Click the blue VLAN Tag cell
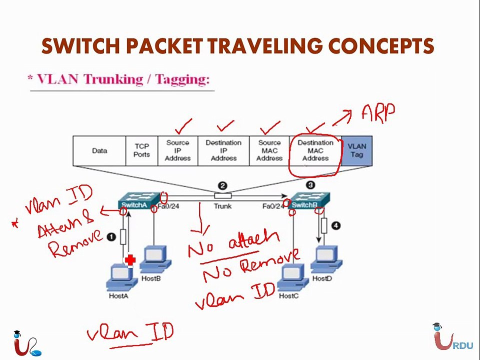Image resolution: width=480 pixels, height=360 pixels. pyautogui.click(x=357, y=151)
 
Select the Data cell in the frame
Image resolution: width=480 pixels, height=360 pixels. pyautogui.click(x=99, y=151)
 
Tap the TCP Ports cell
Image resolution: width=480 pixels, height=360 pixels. pyautogui.click(x=141, y=151)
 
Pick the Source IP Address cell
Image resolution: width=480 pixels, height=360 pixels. pyautogui.click(x=178, y=151)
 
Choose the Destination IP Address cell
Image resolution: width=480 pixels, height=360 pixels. pyautogui.click(x=224, y=151)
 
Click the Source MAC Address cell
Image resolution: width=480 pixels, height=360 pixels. pyautogui.click(x=269, y=151)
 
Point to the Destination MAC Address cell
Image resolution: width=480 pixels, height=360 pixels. pyautogui.click(x=315, y=151)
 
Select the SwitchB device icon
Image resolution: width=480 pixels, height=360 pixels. pyautogui.click(x=309, y=200)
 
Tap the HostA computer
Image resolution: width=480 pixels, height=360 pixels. pyautogui.click(x=121, y=277)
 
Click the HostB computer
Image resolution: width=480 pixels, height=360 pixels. pyautogui.click(x=155, y=259)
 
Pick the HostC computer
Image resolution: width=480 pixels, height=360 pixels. pyautogui.click(x=292, y=277)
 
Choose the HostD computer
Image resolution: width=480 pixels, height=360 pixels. pyautogui.click(x=326, y=259)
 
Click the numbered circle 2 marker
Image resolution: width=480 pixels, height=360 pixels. pyautogui.click(x=222, y=186)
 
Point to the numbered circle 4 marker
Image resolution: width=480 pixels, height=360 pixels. pyautogui.click(x=336, y=226)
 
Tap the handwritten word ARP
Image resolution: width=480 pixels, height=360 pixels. pyautogui.click(x=378, y=113)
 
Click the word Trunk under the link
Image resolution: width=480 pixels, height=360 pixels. pyautogui.click(x=222, y=206)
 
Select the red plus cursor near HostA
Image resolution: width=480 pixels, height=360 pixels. pyautogui.click(x=130, y=260)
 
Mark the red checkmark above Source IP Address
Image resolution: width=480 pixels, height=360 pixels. pyautogui.click(x=183, y=126)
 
